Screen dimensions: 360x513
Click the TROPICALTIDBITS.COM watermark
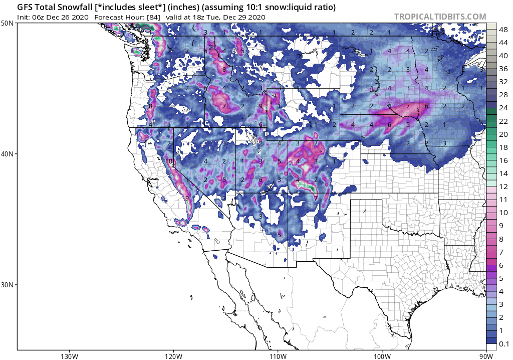440,17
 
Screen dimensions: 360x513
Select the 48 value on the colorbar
503,30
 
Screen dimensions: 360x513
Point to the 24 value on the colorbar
503,108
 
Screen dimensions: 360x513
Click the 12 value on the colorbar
503,187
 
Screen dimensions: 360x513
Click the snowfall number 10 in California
169,161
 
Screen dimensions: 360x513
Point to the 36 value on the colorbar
503,69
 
